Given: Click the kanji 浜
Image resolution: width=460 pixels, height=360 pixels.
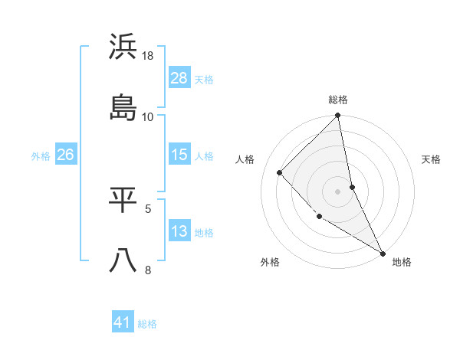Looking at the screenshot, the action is pyautogui.click(x=123, y=47).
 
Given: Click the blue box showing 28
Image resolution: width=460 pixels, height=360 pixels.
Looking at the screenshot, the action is pyautogui.click(x=179, y=77).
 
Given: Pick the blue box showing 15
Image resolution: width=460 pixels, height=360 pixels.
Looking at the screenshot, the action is pyautogui.click(x=179, y=155).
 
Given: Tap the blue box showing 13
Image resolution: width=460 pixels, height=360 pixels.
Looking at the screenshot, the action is pyautogui.click(x=179, y=231).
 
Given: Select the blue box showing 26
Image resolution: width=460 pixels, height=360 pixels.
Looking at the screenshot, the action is pyautogui.click(x=65, y=155).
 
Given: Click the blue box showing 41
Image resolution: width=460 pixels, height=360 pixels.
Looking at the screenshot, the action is pyautogui.click(x=123, y=322).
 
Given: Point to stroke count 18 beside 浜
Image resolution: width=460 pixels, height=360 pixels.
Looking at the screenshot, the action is pyautogui.click(x=148, y=56).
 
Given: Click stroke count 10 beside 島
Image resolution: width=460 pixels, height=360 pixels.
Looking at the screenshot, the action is pyautogui.click(x=148, y=116).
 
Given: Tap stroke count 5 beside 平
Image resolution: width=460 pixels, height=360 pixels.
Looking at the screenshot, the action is pyautogui.click(x=148, y=208).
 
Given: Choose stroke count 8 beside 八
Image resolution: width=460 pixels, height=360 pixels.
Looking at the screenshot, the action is pyautogui.click(x=148, y=269).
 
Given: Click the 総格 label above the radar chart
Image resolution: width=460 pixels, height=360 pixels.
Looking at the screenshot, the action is pyautogui.click(x=338, y=100).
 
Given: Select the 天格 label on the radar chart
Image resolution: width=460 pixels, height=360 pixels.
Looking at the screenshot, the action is pyautogui.click(x=431, y=159).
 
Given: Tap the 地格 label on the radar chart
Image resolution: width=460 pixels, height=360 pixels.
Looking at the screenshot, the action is pyautogui.click(x=402, y=262).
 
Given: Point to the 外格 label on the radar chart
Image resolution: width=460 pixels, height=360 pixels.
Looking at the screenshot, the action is pyautogui.click(x=270, y=262).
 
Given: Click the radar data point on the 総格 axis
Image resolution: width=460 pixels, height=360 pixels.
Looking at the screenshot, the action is pyautogui.click(x=338, y=116).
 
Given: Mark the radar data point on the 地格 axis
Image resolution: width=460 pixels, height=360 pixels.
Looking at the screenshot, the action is pyautogui.click(x=383, y=252).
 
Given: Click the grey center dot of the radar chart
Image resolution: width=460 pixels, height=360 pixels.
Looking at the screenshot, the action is pyautogui.click(x=338, y=191).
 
